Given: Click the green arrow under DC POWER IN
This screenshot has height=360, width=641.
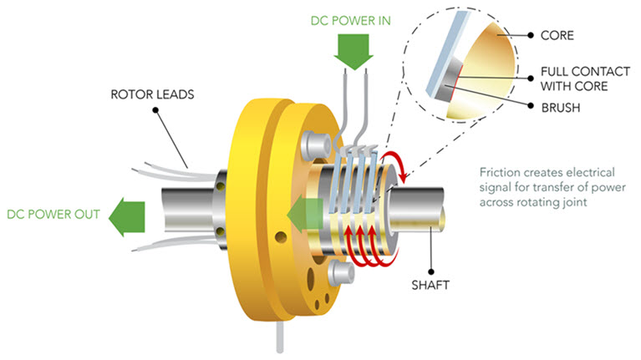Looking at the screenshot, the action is pos(354,51).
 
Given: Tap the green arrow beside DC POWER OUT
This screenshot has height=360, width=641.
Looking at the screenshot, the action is pos(127,217).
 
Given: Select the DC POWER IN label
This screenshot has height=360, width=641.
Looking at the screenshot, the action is pos(350,21).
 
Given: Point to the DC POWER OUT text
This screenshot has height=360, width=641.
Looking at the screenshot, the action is pos(53,214).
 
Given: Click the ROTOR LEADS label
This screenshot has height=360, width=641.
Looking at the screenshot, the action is pos(152,94).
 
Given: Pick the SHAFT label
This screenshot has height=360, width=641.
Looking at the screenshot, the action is pos(430,285).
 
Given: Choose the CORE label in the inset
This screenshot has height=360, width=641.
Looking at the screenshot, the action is pos(557,36).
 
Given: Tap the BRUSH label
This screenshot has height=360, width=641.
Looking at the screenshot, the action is pos(561,108).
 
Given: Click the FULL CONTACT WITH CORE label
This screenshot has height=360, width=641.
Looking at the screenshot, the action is pos(585,79).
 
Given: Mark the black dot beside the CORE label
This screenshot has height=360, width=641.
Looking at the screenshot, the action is pos(531,36).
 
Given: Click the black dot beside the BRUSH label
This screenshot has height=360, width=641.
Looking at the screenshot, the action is pos(531,106).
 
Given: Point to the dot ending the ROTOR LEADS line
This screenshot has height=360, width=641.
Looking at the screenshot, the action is pos(155,110).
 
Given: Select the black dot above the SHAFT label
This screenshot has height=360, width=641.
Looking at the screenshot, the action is pos(431,271).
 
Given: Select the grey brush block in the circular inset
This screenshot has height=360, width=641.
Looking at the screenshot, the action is pos(449,79).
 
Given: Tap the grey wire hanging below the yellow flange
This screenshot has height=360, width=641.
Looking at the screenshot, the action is pos(280,337).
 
